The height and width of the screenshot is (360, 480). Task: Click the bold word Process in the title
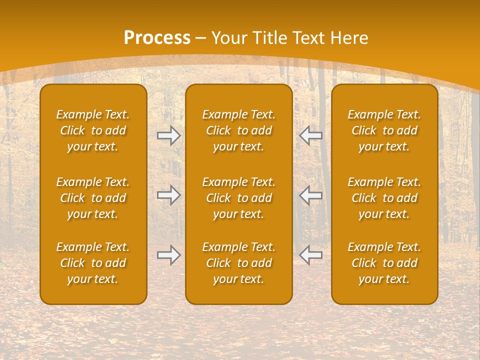157,38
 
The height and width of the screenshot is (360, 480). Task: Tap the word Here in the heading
349,38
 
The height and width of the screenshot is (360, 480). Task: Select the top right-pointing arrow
169,135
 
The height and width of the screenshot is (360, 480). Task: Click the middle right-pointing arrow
169,195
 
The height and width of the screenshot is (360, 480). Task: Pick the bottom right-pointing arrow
169,255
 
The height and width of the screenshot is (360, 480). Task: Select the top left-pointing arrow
310,135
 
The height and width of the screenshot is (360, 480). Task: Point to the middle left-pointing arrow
310,195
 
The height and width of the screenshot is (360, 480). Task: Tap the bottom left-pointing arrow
310,255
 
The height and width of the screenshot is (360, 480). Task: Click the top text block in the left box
93,130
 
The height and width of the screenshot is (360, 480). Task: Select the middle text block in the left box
93,198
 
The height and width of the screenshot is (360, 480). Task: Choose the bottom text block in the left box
93,263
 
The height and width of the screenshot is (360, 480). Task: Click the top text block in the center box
239,130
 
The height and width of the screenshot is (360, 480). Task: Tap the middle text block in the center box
239,198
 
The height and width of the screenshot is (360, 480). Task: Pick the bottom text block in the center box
239,263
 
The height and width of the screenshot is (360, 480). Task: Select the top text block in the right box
384,130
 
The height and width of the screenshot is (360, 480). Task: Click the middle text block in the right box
384,198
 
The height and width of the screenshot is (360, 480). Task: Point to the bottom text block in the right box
384,263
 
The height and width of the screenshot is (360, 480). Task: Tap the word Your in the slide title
228,38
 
